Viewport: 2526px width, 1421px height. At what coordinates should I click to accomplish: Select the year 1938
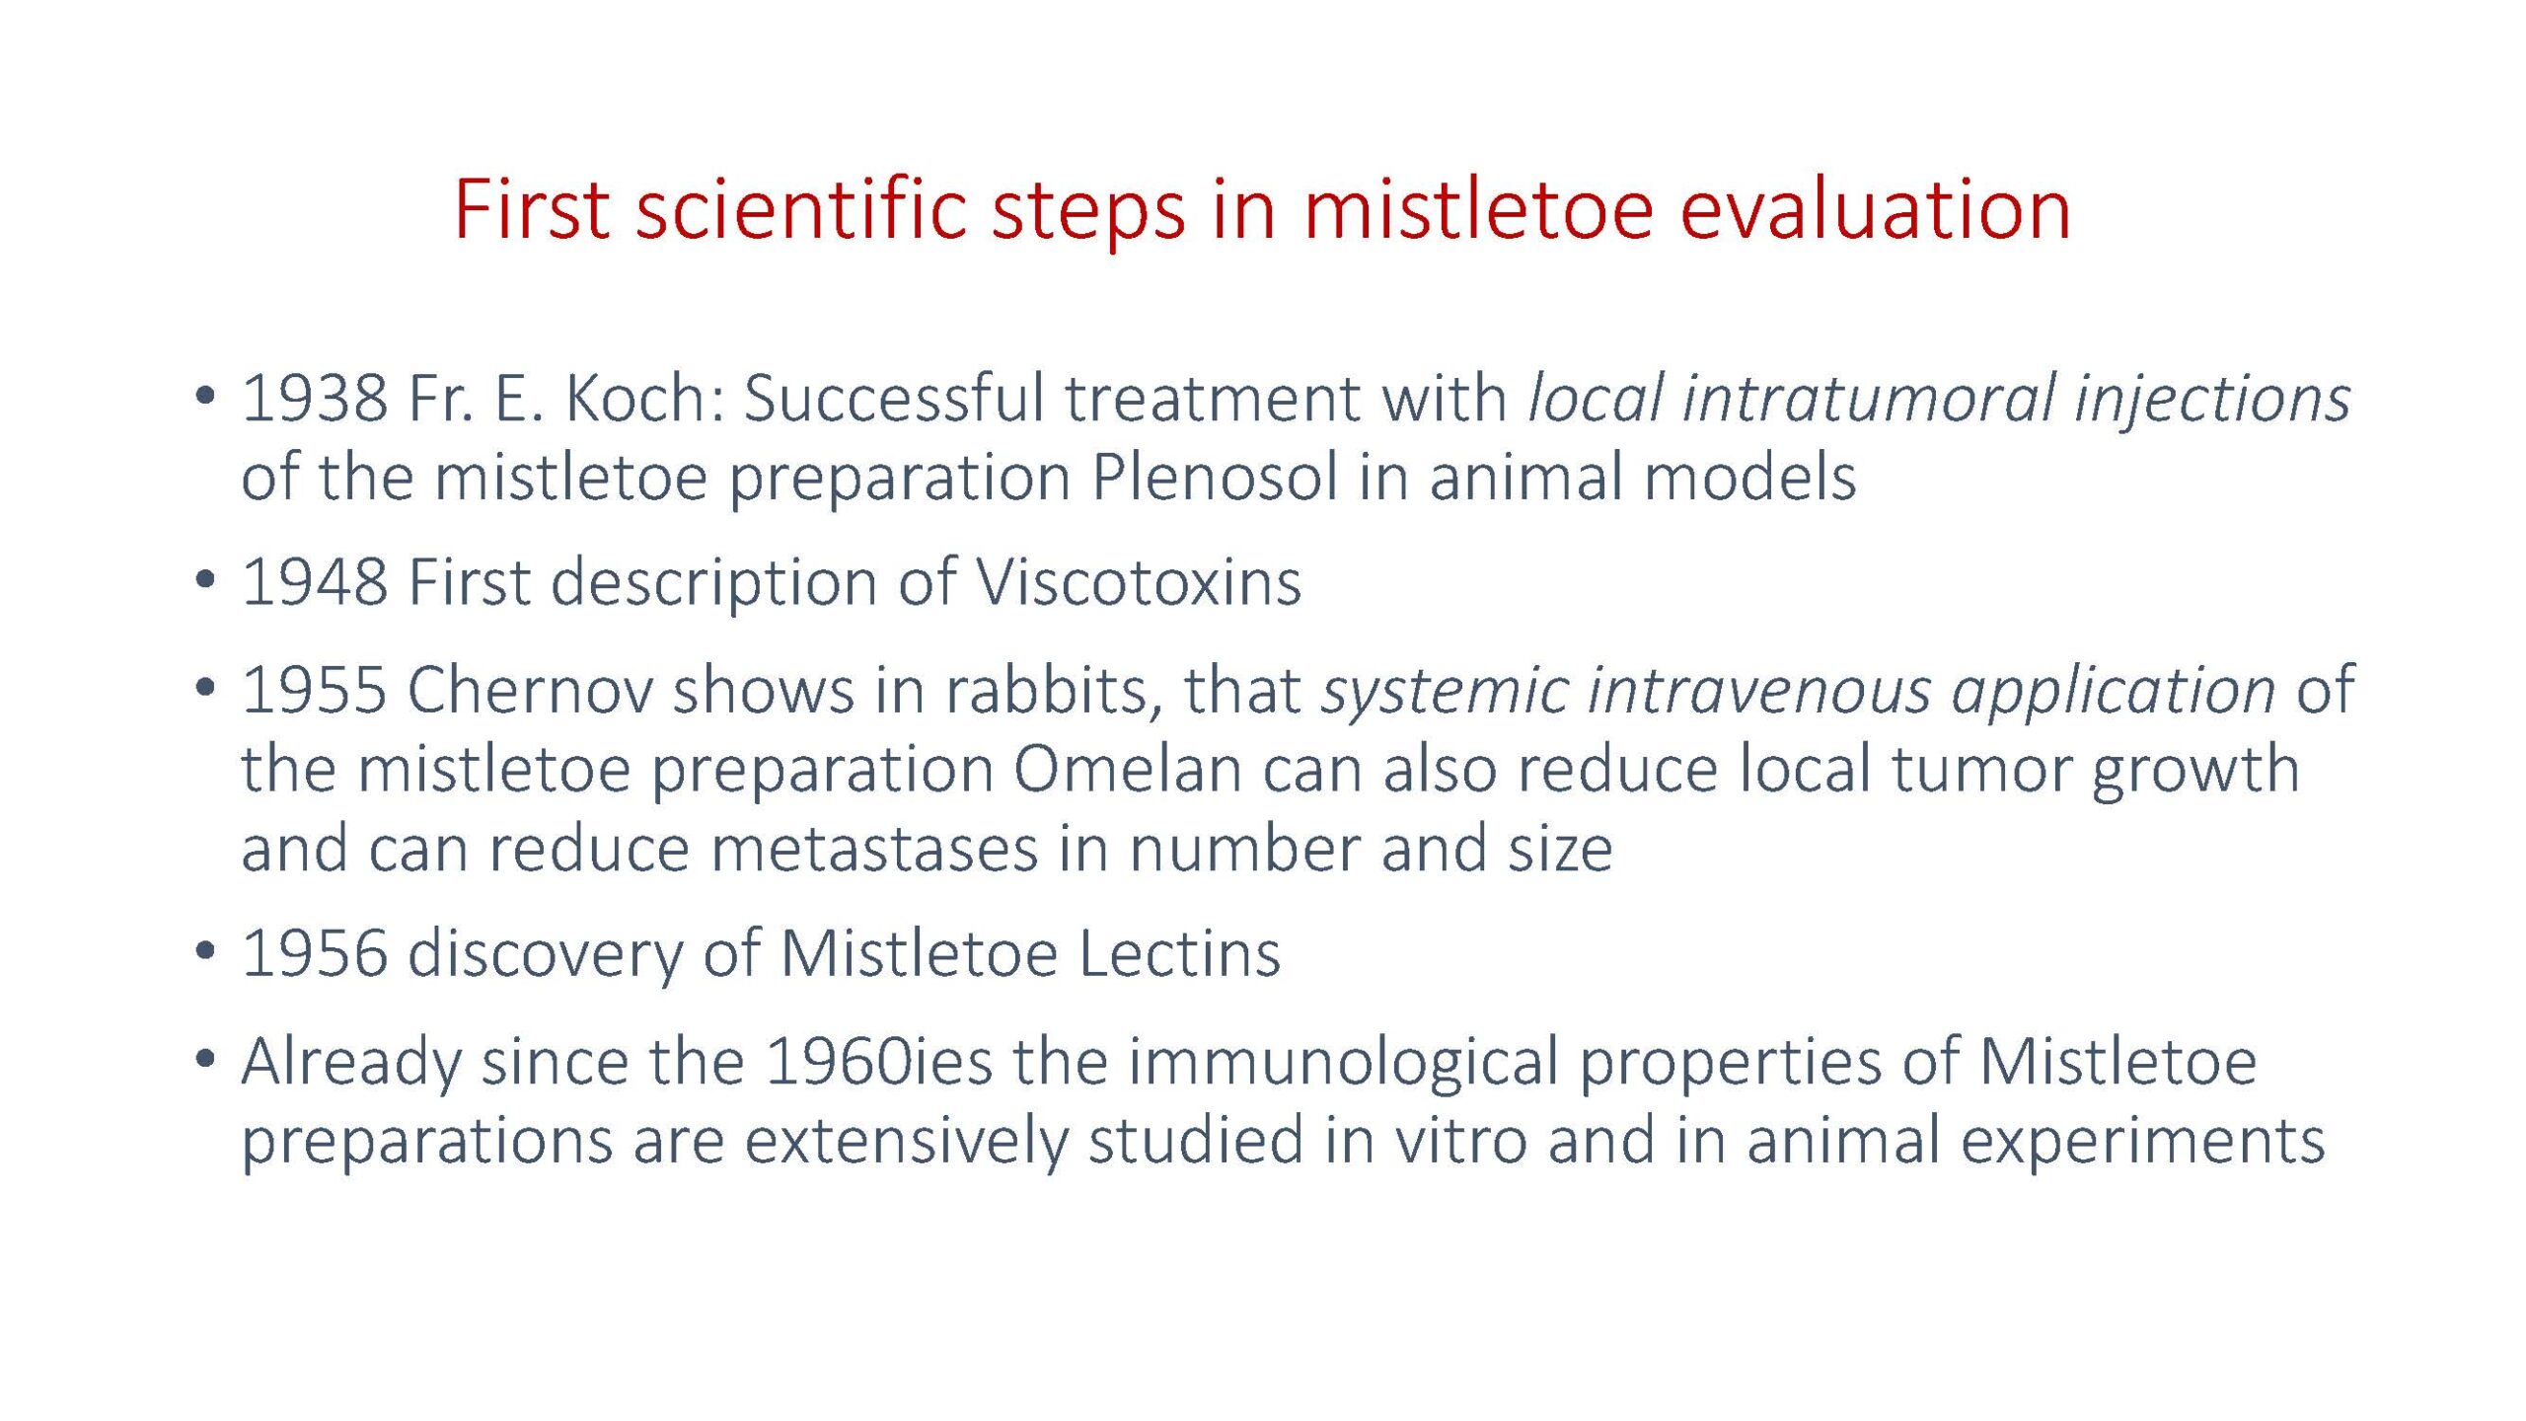tap(315, 398)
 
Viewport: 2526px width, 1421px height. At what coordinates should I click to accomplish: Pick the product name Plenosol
tap(1215, 477)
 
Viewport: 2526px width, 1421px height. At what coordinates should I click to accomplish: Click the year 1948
tap(315, 582)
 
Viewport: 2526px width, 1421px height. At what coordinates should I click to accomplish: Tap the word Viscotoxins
tap(1139, 582)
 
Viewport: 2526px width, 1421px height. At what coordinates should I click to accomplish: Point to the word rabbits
tap(1053, 691)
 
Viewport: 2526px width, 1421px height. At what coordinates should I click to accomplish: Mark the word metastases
tap(875, 849)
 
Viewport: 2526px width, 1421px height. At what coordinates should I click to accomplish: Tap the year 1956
tap(315, 954)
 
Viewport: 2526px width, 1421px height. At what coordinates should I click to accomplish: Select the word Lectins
tap(1179, 954)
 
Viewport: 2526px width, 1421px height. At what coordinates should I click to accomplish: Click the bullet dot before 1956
tap(205, 951)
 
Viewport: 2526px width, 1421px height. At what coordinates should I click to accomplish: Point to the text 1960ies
tap(878, 1061)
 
